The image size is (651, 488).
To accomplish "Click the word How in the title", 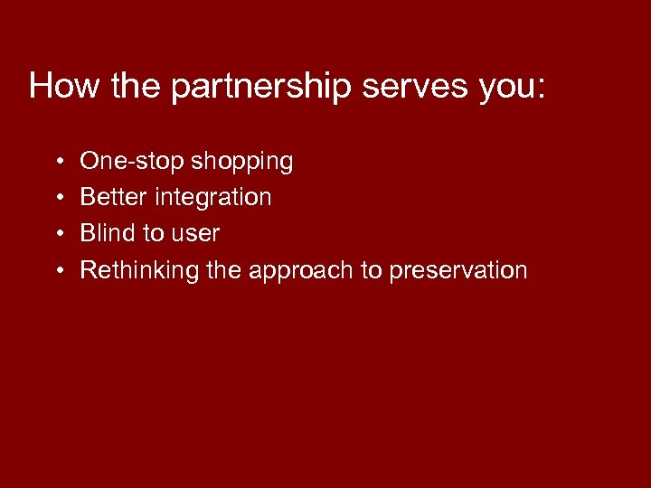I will click(65, 86).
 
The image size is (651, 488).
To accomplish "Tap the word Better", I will click(114, 197).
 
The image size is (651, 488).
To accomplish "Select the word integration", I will click(213, 198).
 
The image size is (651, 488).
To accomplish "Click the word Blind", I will click(108, 233).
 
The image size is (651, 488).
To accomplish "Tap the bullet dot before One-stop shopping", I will click(57, 163).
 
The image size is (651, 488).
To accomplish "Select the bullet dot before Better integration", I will click(57, 198).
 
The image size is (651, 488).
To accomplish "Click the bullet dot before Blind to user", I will click(57, 234).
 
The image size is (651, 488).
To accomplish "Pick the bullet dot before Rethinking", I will click(57, 270).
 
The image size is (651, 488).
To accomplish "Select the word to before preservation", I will click(372, 270).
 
